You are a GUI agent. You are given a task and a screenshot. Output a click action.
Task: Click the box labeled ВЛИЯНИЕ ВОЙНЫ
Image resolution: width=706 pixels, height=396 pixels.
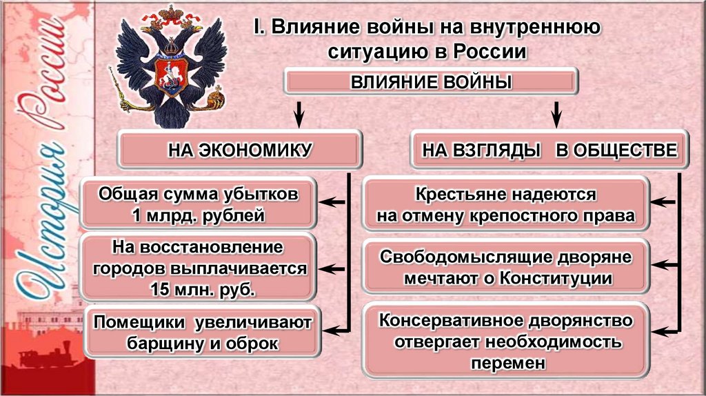pos(432,83)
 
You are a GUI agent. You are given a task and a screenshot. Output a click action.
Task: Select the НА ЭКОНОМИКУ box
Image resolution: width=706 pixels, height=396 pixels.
pos(241,148)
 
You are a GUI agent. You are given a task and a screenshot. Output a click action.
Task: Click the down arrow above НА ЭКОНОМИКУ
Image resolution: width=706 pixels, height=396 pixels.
pos(299,112)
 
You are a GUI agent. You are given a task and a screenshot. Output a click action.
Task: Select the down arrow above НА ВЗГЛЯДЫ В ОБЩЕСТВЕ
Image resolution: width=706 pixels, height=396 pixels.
pos(556,112)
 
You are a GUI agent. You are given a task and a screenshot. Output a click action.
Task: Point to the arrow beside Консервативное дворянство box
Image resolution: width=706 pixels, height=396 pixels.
pos(665,330)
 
